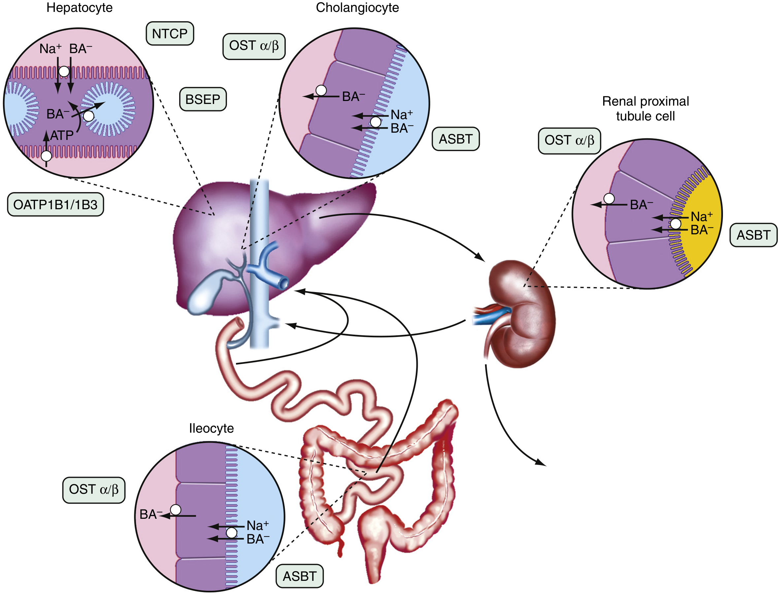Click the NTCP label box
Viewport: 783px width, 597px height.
click(170, 34)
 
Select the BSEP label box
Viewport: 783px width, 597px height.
click(203, 99)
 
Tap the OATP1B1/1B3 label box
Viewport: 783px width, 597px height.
click(55, 205)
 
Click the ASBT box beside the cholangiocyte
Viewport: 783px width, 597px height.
click(455, 139)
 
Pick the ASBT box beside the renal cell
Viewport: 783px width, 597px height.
click(753, 235)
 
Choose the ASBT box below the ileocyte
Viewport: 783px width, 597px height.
click(299, 576)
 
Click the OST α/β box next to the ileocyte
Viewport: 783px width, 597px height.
click(94, 490)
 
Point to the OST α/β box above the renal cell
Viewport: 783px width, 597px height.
click(569, 141)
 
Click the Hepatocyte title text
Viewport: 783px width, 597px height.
click(79, 8)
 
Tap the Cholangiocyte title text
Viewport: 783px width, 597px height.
click(357, 8)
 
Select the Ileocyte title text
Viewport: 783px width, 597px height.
click(211, 428)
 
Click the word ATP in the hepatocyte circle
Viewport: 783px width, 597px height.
click(62, 135)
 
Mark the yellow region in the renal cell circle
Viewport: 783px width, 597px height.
click(701, 242)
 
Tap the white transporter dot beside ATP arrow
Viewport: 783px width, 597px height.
click(46, 156)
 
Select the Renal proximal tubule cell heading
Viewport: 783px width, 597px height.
click(645, 108)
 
